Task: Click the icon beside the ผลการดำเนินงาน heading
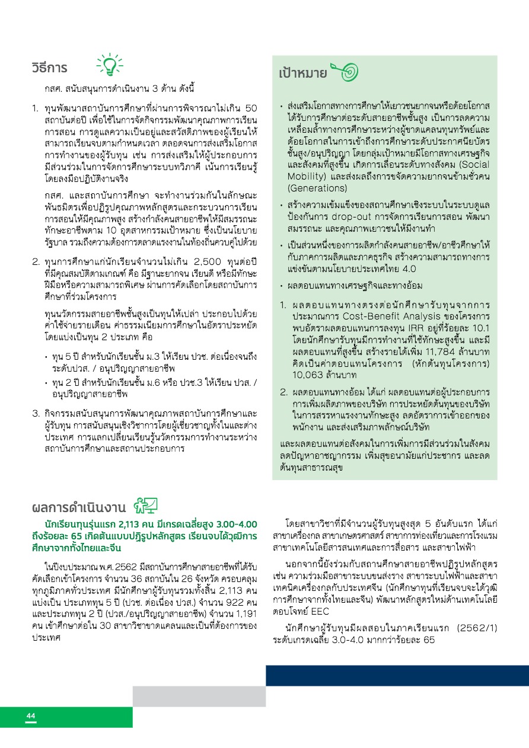[x=145, y=506]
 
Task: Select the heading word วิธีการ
[x=49, y=68]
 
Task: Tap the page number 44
[x=31, y=717]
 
